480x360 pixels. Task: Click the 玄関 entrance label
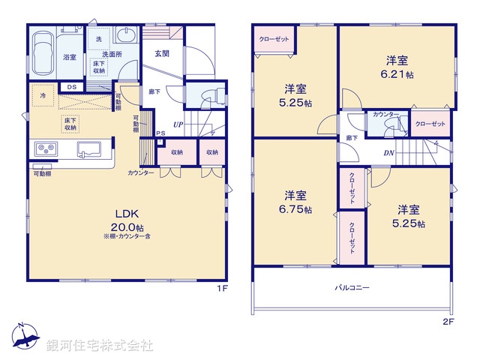(161, 54)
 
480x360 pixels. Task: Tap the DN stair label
(389, 153)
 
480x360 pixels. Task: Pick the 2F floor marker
(448, 322)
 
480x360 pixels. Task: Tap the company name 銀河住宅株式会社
(99, 346)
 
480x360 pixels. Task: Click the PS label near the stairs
(160, 135)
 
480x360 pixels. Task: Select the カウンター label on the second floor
(386, 114)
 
